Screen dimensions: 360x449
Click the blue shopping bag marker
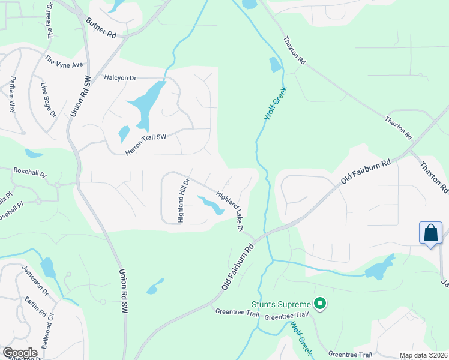coord(431,233)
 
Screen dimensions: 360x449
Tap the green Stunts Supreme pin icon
coord(320,304)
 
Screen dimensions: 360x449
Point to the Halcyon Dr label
coord(120,78)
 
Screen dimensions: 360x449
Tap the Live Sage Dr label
coord(47,100)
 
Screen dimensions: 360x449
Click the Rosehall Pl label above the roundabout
coord(29,172)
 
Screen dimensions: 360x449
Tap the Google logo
coord(20,353)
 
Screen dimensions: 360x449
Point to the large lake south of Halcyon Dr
coord(145,106)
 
